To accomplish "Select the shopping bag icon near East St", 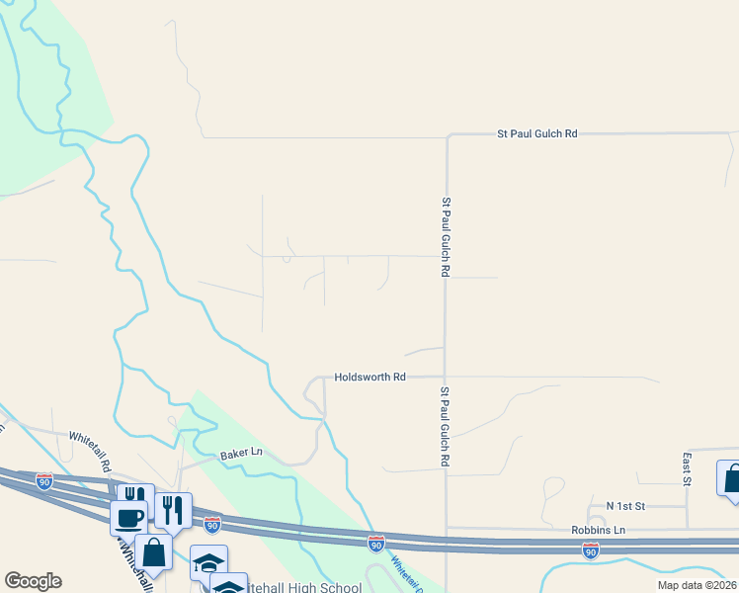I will coord(732,479).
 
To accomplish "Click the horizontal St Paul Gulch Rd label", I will coord(536,132).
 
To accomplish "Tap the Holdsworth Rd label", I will coord(370,377).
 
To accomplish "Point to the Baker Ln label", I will coord(241,453).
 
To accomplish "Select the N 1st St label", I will coord(625,506).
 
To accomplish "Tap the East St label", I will coord(686,468).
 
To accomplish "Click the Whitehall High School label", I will coord(306,587).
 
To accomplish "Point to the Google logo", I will coord(33,581).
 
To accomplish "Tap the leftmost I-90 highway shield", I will coord(44,481).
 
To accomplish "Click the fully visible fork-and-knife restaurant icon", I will coord(173,509).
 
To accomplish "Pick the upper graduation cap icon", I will coord(208,561).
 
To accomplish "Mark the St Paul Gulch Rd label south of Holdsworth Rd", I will coord(446,427).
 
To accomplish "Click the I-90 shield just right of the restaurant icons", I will coord(212,523).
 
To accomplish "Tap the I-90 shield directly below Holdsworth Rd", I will coord(376,543).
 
